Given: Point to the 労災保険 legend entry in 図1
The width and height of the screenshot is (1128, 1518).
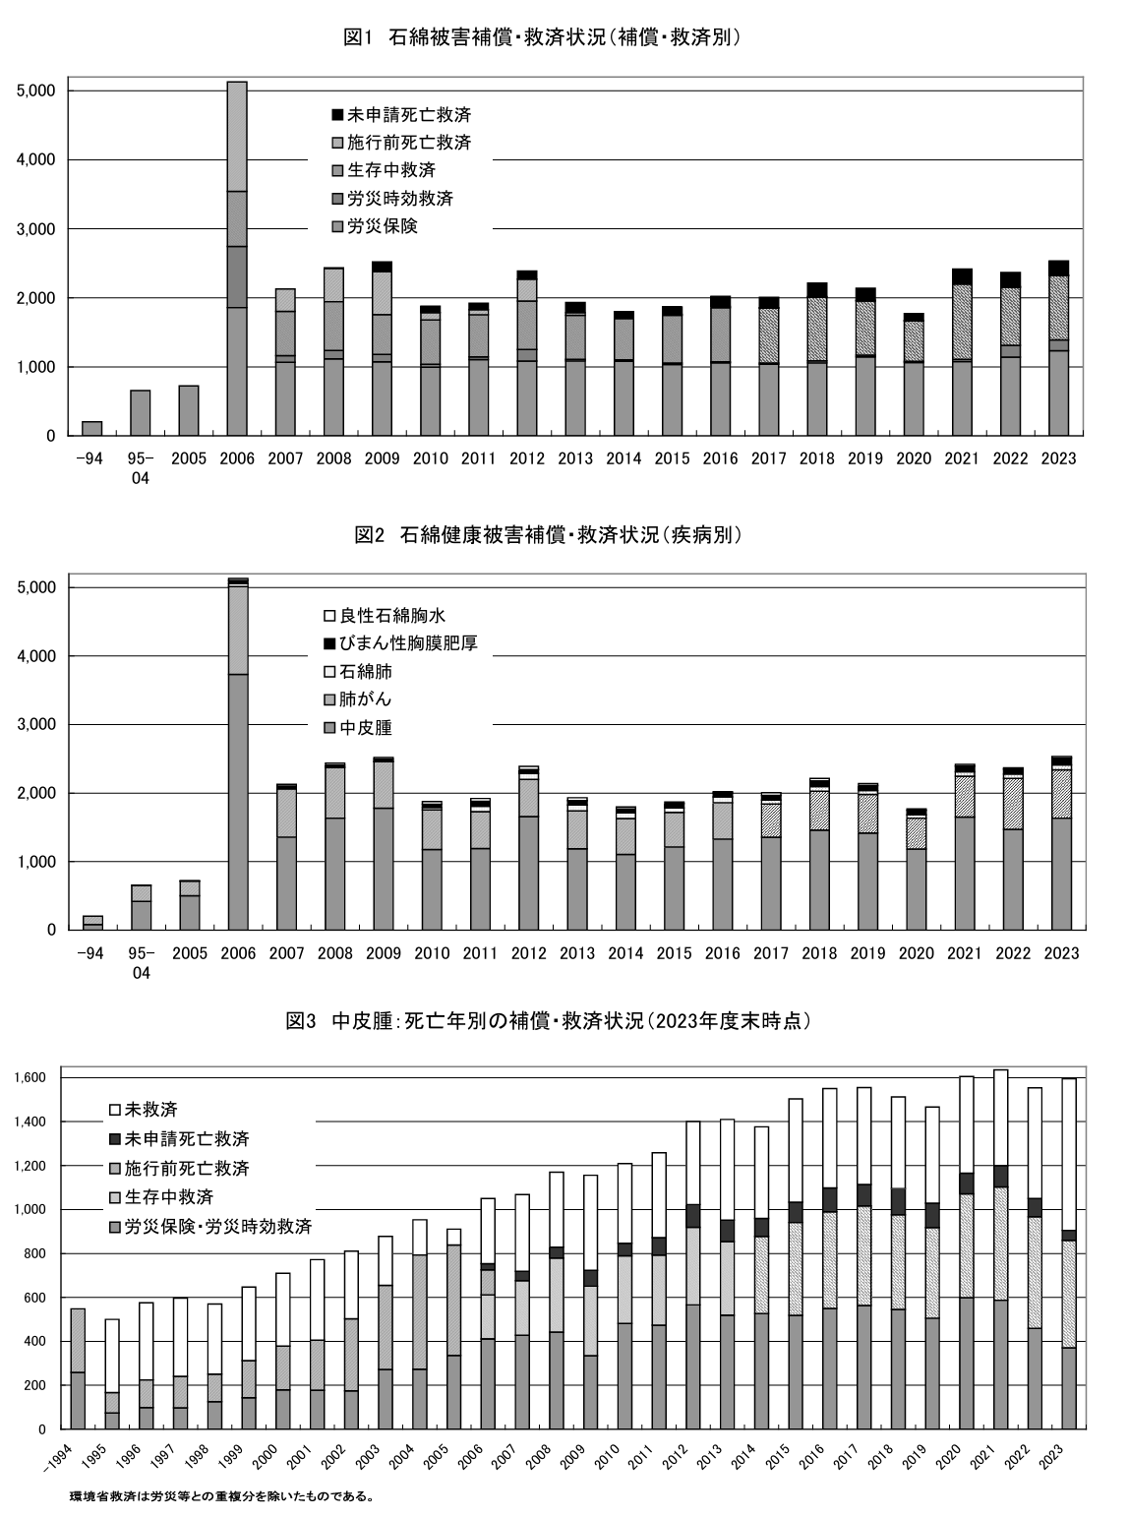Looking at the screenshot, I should click(383, 226).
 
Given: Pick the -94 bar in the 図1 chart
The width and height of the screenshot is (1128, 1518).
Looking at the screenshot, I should click(92, 429).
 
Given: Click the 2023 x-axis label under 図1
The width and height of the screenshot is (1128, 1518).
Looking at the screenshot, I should click(1058, 458).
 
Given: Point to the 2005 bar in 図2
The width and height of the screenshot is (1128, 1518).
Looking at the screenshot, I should click(190, 905).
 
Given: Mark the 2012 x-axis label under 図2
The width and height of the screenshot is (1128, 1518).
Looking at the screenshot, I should click(528, 953).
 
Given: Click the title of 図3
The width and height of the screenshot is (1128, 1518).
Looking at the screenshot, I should click(547, 1021).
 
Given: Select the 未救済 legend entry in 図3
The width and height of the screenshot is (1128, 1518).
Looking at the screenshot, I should click(150, 1110).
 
